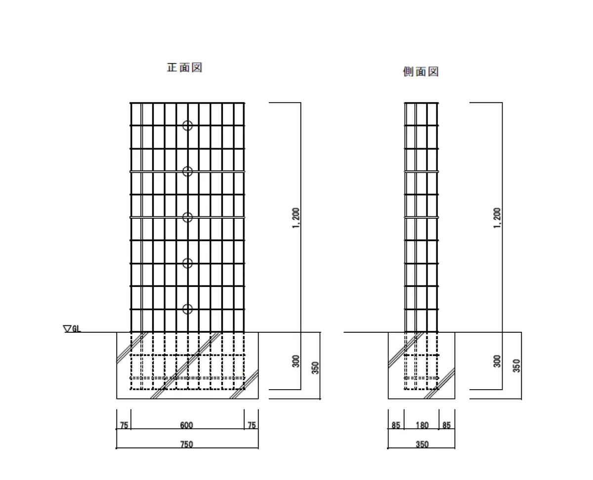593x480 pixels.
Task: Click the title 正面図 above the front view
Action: coord(184,67)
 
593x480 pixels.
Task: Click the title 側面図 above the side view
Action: coord(421,72)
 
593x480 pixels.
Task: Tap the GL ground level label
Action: coord(76,329)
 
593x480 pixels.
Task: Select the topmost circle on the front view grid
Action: coord(187,125)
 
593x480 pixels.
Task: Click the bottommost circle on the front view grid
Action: coord(187,309)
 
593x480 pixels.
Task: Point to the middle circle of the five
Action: coord(187,217)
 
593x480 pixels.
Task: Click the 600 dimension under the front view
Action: coord(186,425)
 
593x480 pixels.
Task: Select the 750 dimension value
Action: coord(186,444)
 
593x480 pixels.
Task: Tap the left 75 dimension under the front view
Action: coord(124,425)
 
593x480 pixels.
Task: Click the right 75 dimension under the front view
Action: coord(252,425)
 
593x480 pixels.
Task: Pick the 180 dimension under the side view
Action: coord(422,425)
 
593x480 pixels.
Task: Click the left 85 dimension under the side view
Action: coord(396,425)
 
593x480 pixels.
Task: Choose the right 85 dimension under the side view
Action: coord(446,425)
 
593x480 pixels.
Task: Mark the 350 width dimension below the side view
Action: coord(422,444)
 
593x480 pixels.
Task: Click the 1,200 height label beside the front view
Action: coord(296,218)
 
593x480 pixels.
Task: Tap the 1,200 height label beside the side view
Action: coord(497,218)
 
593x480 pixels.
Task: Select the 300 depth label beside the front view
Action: coord(296,361)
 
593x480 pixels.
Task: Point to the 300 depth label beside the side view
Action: coord(497,361)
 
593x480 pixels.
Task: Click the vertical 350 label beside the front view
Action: coord(315,367)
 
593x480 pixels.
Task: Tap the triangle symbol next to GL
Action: coord(67,328)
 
